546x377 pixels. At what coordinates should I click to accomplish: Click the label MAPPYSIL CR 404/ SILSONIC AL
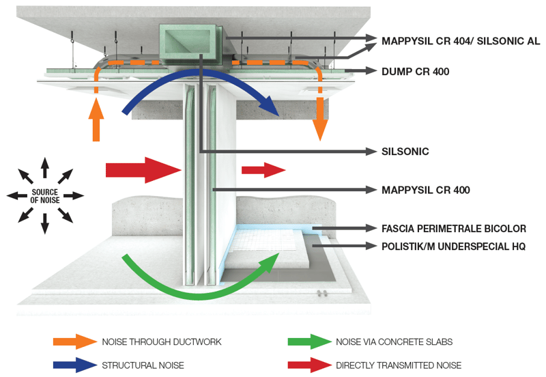click(x=461, y=41)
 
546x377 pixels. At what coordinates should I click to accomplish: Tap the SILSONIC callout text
click(x=405, y=152)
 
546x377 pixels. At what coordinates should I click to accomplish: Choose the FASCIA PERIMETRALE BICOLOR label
click(x=454, y=228)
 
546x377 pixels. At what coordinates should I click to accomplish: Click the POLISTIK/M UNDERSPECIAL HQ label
click(x=454, y=247)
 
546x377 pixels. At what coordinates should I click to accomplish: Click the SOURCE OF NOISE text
click(x=45, y=195)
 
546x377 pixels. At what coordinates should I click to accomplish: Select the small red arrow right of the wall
click(x=263, y=170)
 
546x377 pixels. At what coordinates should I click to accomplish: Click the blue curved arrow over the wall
click(x=198, y=82)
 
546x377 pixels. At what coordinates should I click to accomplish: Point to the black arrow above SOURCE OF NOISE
click(x=45, y=167)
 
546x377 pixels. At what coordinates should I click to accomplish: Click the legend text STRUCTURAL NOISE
click(x=143, y=365)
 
